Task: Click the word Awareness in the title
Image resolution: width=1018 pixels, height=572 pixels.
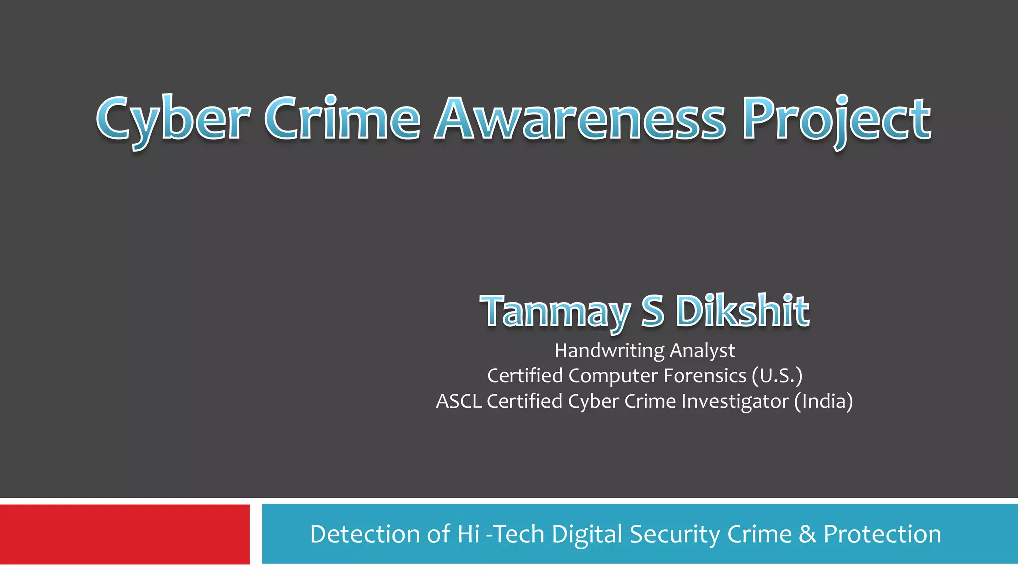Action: tap(580, 119)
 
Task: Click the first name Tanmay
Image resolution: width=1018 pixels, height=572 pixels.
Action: tap(554, 312)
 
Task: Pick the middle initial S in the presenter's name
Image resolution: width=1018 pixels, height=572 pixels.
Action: tap(652, 311)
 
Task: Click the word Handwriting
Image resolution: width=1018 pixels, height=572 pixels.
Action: tap(609, 351)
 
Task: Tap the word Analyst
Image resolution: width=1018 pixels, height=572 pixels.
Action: tap(702, 351)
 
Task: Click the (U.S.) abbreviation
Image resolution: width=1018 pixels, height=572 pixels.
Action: tap(777, 376)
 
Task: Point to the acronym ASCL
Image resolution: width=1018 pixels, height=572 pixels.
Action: tap(459, 401)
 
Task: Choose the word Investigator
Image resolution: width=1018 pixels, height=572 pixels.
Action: tap(735, 401)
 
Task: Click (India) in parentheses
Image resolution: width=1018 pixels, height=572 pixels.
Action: tap(824, 401)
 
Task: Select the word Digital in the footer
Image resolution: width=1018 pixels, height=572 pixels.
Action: tap(587, 534)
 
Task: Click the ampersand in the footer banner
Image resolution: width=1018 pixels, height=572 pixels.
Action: tap(808, 534)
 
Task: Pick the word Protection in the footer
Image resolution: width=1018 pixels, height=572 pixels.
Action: tap(882, 534)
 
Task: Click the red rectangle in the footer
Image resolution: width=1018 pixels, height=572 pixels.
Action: tap(124, 534)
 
